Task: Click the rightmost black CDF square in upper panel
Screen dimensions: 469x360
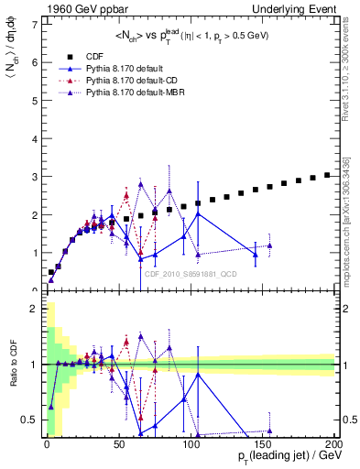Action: [x=328, y=174]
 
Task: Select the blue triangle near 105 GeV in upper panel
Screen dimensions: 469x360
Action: [x=198, y=214]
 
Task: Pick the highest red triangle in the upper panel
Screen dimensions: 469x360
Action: [x=126, y=194]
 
